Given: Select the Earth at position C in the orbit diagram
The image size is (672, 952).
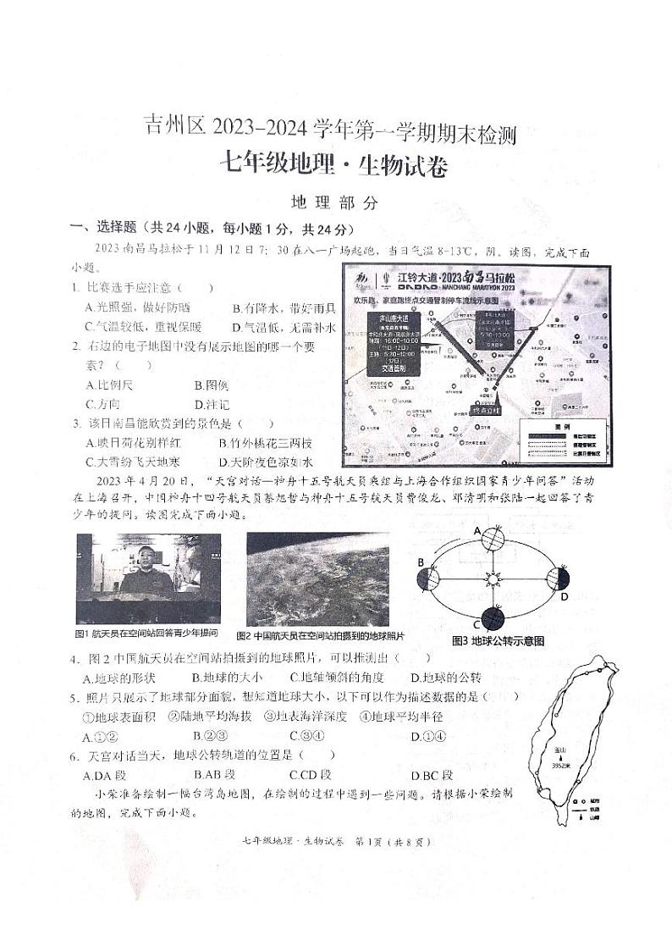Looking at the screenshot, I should [493, 618].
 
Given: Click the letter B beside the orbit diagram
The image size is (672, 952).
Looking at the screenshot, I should [420, 562].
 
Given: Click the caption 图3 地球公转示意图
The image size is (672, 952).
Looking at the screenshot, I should [498, 641].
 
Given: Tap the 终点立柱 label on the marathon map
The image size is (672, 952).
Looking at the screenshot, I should [486, 410].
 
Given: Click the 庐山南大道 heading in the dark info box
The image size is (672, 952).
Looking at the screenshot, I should [388, 318].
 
